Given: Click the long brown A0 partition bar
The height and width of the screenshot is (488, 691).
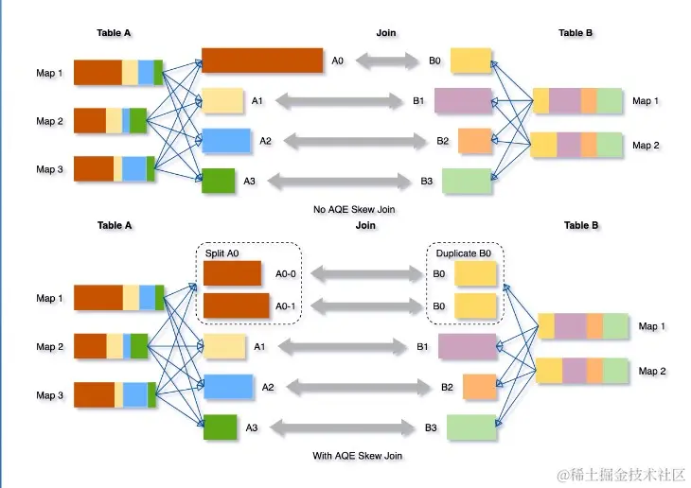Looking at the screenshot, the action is (x=262, y=61).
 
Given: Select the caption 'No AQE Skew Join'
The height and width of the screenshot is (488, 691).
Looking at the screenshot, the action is (x=354, y=209).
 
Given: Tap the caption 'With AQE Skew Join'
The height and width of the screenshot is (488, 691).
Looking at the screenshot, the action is (x=357, y=456).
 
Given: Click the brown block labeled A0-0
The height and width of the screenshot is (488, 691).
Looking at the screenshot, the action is (x=232, y=273).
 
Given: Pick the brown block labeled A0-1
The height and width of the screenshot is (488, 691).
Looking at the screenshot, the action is (x=237, y=305).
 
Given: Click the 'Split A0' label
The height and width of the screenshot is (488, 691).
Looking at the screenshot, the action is (x=221, y=253).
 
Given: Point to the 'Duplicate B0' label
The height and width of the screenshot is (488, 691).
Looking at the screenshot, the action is (x=463, y=253).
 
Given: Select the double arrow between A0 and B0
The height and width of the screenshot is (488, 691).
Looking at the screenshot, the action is (x=387, y=61).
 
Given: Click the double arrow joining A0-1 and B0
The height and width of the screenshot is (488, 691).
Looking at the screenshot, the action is (x=366, y=306).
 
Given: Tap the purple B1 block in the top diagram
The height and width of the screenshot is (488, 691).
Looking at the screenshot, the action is (x=463, y=100).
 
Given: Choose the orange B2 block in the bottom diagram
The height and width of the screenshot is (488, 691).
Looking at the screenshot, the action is (x=480, y=387).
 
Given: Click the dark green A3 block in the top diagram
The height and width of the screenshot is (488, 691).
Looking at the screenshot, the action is (x=218, y=181).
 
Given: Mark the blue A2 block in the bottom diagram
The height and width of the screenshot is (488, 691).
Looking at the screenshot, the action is (x=228, y=387).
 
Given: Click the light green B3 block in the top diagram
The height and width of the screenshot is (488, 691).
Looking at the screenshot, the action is (x=467, y=181).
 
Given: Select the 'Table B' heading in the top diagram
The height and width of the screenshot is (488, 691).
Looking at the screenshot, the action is (x=576, y=32).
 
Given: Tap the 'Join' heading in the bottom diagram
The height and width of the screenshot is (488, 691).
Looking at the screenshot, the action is (x=365, y=225).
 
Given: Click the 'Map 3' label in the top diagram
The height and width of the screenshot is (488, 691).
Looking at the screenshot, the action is (x=49, y=169).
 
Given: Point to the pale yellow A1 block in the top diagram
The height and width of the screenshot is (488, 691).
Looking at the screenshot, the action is (x=222, y=100).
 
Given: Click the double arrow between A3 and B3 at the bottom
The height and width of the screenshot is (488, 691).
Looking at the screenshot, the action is (x=342, y=427).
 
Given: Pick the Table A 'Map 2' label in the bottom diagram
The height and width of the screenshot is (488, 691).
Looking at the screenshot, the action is (x=49, y=347).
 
